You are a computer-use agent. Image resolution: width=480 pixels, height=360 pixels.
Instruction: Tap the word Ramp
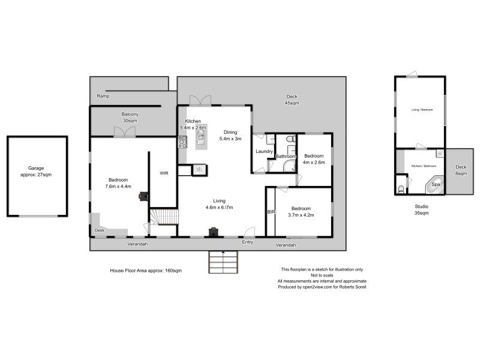103,96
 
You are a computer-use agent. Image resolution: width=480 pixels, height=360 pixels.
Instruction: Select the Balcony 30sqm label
130,117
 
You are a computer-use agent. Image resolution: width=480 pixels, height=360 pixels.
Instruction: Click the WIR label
163,173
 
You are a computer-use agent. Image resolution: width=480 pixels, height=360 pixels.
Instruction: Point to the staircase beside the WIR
164,216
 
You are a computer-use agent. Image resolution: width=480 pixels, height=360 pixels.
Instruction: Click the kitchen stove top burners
182,142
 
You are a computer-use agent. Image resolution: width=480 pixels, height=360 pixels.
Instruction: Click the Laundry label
265,152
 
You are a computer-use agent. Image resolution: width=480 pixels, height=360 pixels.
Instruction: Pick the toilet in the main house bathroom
290,139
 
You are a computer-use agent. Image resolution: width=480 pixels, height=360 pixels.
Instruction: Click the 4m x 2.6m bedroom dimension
314,162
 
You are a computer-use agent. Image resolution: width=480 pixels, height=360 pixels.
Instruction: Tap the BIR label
270,212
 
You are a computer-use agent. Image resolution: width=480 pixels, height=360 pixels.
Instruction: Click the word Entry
247,243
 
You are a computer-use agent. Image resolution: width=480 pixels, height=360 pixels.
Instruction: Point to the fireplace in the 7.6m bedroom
143,195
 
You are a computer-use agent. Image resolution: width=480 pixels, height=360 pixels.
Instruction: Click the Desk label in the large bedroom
98,230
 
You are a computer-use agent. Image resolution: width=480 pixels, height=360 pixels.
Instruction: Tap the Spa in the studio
436,185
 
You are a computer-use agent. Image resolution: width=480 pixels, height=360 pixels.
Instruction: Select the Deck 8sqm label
461,170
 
